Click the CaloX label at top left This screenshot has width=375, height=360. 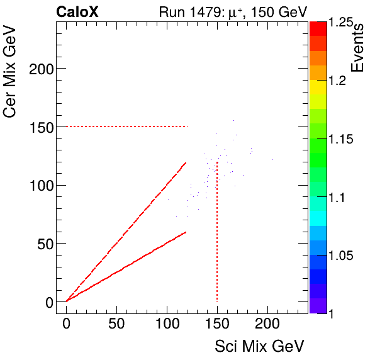[x=77, y=11]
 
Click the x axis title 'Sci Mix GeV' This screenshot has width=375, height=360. [x=259, y=346]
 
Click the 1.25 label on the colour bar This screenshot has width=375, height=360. [x=344, y=23]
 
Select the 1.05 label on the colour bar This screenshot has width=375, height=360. [x=344, y=256]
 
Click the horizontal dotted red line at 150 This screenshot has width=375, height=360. [x=126, y=127]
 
